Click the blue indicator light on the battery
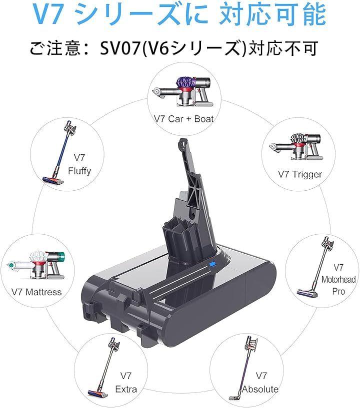[x=212, y=265]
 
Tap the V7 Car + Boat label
[x=183, y=119]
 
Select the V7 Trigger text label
[x=300, y=174]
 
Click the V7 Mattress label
[x=36, y=292]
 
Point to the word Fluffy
[x=79, y=171]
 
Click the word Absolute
[x=260, y=389]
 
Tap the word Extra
[x=126, y=389]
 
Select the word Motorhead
[x=338, y=280]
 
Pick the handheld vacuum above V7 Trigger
[x=296, y=146]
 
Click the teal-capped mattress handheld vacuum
[x=36, y=265]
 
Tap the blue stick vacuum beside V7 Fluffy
[x=60, y=153]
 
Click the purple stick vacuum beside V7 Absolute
[x=244, y=369]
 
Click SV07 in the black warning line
[x=120, y=48]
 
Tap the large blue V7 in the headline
[x=47, y=14]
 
